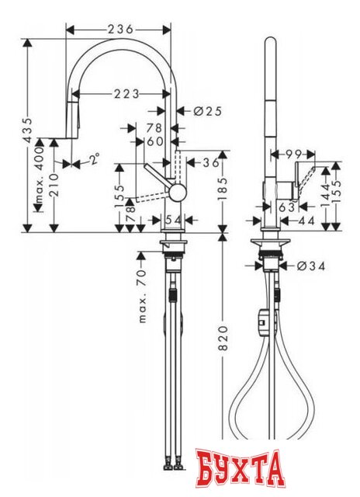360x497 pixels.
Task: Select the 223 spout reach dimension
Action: click(x=122, y=94)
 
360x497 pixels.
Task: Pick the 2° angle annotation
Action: click(x=94, y=160)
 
